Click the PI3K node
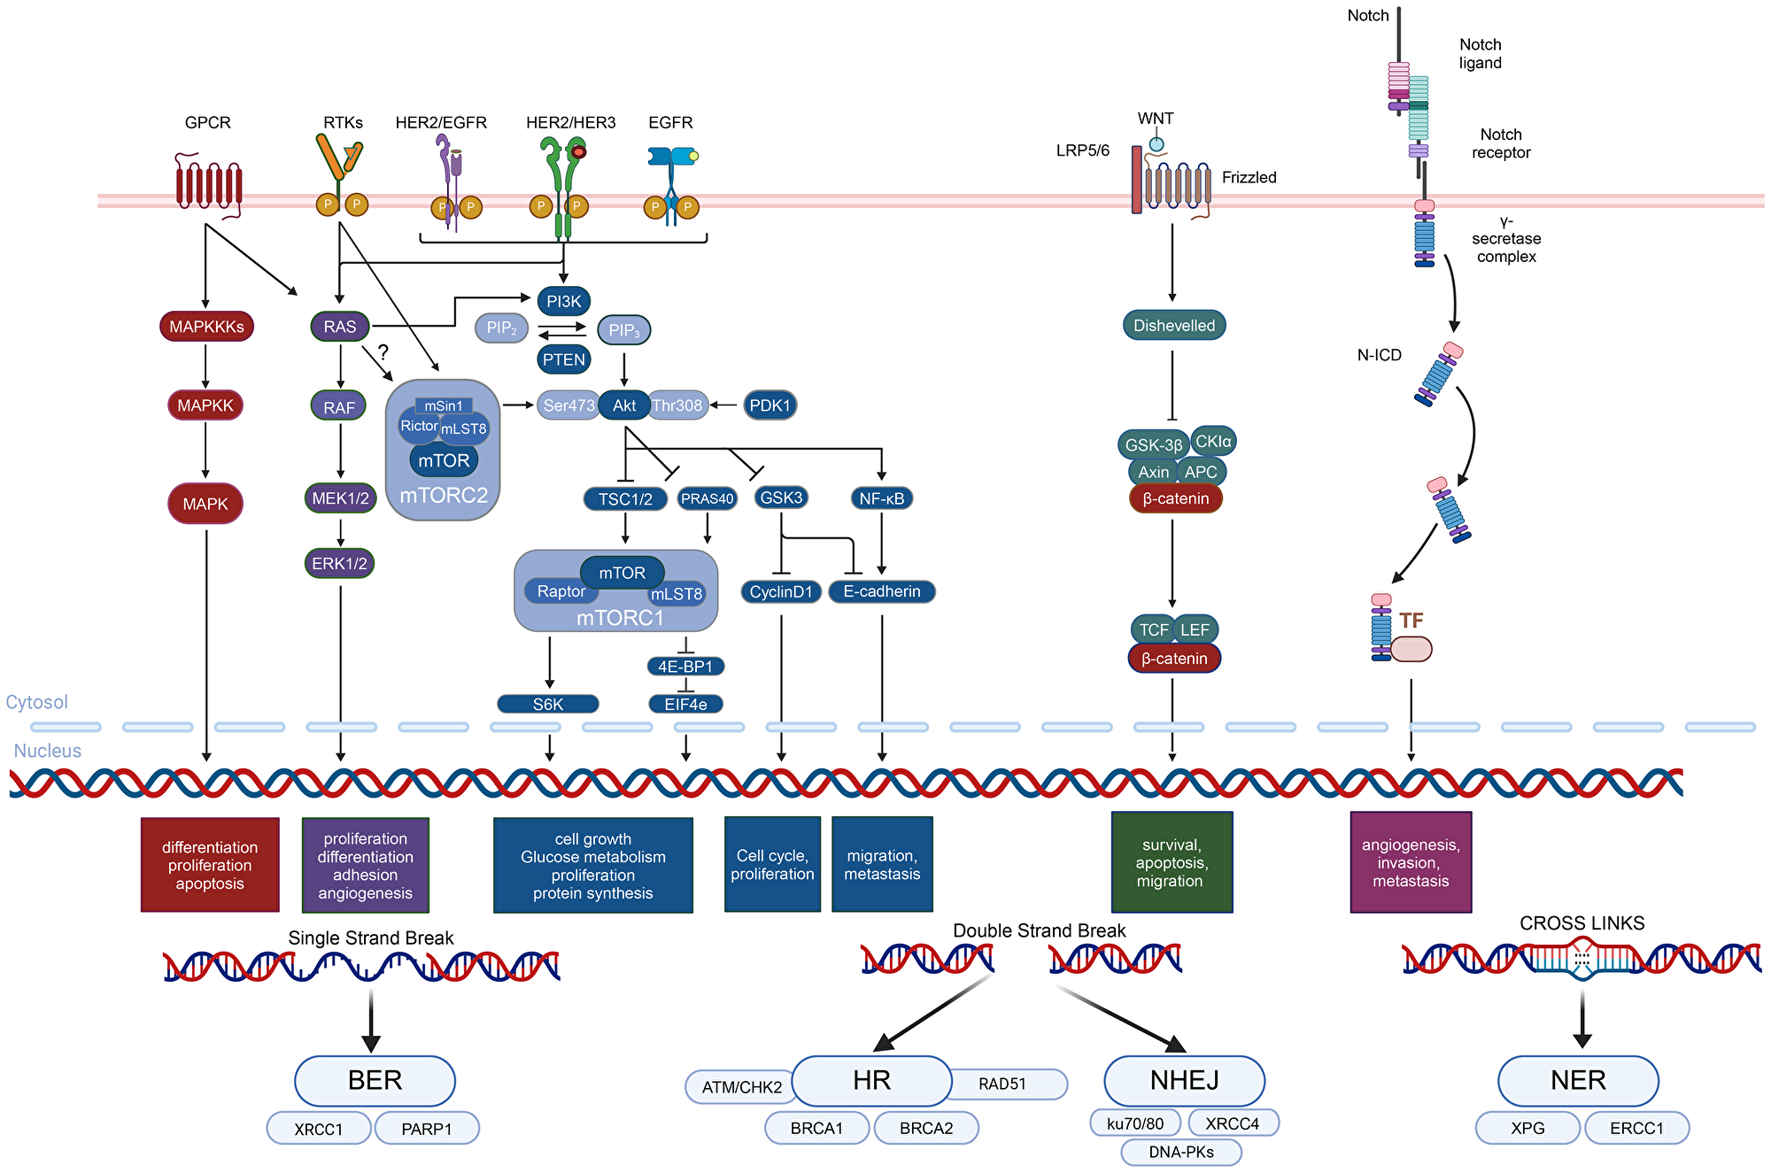click(x=563, y=301)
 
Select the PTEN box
click(x=564, y=359)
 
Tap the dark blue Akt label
click(x=624, y=405)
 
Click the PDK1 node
click(x=769, y=405)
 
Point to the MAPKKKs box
click(x=206, y=327)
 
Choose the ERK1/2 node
click(x=340, y=563)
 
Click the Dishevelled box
click(x=1174, y=325)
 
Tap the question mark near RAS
click(x=383, y=351)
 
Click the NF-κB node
click(x=881, y=498)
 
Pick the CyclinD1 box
click(x=781, y=591)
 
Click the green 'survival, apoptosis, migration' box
click(x=1171, y=862)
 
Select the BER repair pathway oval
click(x=375, y=1080)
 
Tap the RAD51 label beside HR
click(x=1003, y=1084)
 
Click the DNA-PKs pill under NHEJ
click(x=1181, y=1152)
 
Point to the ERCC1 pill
click(x=1636, y=1128)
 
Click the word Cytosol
click(x=36, y=702)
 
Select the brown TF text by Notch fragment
click(x=1411, y=621)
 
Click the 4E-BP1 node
click(x=685, y=666)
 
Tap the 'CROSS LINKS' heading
click(x=1582, y=923)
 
